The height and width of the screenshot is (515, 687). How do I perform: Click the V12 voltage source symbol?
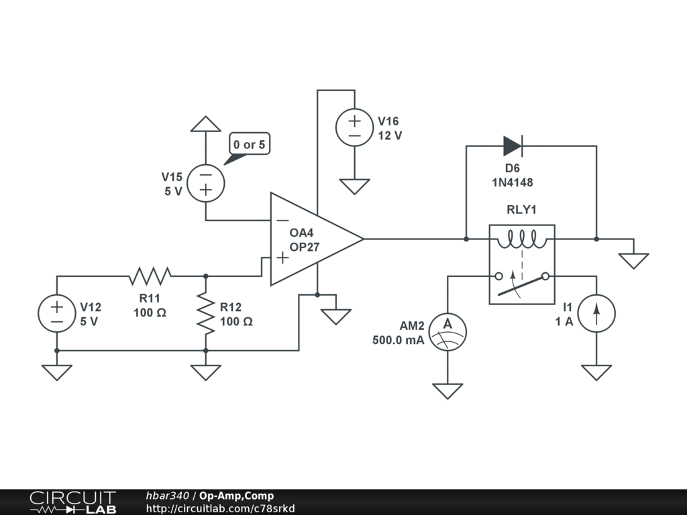click(57, 314)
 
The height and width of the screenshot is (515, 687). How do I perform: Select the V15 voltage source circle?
click(206, 183)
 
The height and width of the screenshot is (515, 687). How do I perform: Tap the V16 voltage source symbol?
click(354, 127)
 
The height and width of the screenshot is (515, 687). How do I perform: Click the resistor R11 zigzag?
click(150, 276)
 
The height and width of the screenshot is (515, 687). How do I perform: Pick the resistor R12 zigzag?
click(206, 314)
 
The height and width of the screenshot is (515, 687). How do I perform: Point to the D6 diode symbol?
click(513, 146)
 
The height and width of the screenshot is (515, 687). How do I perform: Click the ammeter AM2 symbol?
click(447, 332)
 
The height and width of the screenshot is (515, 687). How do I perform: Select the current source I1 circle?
click(596, 314)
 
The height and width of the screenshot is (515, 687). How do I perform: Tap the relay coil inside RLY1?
click(522, 239)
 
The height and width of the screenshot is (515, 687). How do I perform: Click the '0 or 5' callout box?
click(250, 144)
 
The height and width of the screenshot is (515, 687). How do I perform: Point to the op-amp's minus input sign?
click(283, 220)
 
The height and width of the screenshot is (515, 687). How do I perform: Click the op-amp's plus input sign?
click(282, 257)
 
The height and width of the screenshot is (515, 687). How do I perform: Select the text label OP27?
click(305, 247)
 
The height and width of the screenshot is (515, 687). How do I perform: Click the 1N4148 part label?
click(513, 182)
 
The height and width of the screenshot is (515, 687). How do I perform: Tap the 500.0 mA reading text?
click(399, 340)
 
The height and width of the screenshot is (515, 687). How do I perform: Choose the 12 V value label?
click(390, 135)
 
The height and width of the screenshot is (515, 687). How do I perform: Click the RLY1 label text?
click(521, 210)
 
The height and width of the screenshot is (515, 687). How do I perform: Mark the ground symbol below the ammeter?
click(447, 391)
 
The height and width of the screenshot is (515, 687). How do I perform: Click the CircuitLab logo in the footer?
click(73, 502)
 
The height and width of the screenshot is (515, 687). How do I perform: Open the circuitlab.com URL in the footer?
click(220, 508)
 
